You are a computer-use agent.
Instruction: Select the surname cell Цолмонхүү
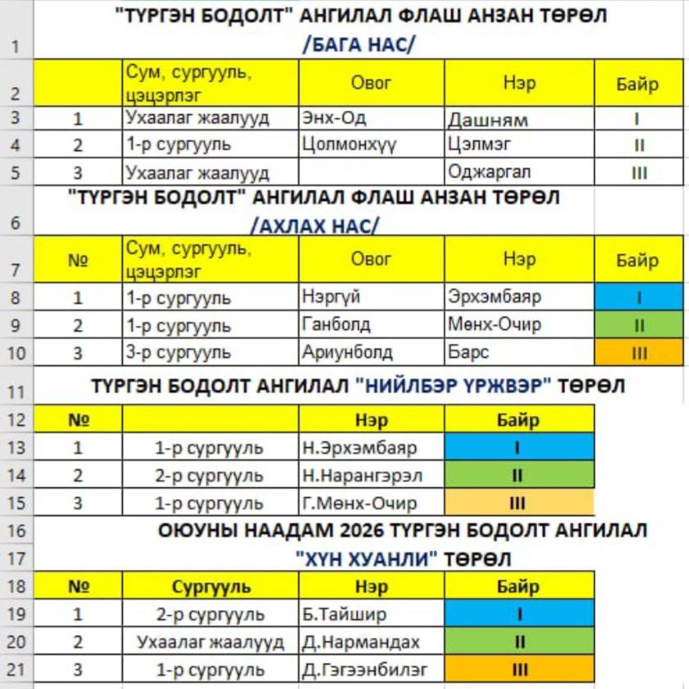tap(349, 145)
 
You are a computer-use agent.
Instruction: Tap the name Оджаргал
tap(489, 172)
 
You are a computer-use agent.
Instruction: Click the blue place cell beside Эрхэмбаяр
tap(638, 297)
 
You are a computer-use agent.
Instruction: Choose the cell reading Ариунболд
tap(347, 353)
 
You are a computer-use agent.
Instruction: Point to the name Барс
tap(468, 353)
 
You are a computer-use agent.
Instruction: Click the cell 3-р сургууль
tap(178, 353)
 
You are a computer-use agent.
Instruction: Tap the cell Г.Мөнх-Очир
tap(359, 504)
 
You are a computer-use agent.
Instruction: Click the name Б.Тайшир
tap(344, 614)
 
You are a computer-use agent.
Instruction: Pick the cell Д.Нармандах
tap(360, 642)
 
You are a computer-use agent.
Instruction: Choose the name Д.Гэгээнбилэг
tap(365, 669)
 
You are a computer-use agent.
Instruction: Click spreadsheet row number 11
tap(16, 391)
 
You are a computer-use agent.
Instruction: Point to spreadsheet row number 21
tap(16, 669)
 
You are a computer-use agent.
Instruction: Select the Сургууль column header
tap(211, 587)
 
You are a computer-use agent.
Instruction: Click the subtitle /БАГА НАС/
tap(358, 44)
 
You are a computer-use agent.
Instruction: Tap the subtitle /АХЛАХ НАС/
tap(315, 225)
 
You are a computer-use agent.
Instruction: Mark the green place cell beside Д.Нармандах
tap(518, 642)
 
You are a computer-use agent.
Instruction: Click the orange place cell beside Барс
tap(638, 353)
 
